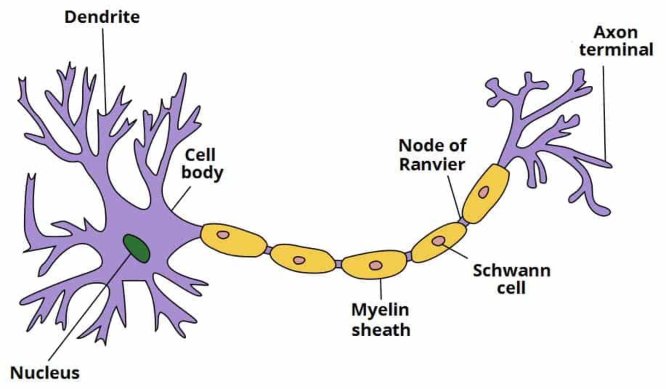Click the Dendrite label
(x=102, y=17)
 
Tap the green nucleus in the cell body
(x=136, y=248)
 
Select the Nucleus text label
(x=45, y=373)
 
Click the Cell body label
(x=202, y=164)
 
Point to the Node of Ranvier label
(x=432, y=155)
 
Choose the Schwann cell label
(x=511, y=279)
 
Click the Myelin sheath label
(x=381, y=320)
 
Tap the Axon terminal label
(x=616, y=41)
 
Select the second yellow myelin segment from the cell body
(x=302, y=259)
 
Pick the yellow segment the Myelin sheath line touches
(x=374, y=264)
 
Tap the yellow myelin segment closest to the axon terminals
(x=486, y=193)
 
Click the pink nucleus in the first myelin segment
(x=223, y=235)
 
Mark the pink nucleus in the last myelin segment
(x=483, y=192)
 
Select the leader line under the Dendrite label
(x=104, y=69)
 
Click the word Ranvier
(x=432, y=165)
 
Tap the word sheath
(x=381, y=330)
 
